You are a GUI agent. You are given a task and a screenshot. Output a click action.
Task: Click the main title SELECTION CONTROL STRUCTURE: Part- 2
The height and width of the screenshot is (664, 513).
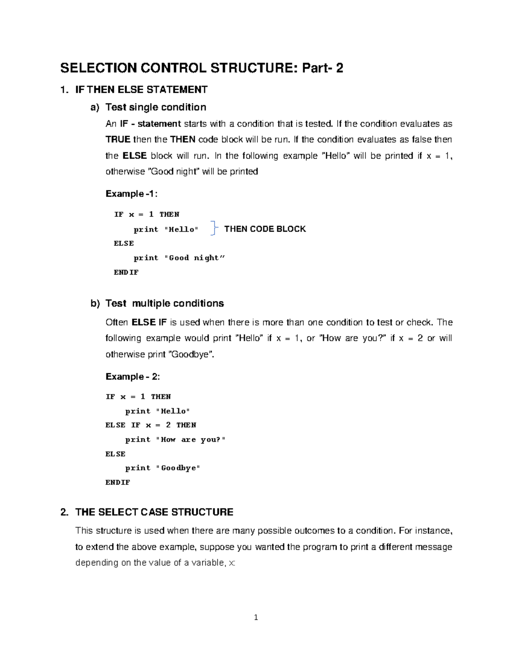pyautogui.click(x=201, y=68)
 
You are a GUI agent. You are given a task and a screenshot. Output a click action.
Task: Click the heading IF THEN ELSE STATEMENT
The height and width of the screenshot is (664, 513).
pyautogui.click(x=141, y=89)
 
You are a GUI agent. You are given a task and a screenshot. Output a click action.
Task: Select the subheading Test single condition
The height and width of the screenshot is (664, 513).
pyautogui.click(x=156, y=107)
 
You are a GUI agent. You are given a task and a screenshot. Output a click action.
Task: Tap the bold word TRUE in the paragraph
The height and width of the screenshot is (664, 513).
pyautogui.click(x=118, y=139)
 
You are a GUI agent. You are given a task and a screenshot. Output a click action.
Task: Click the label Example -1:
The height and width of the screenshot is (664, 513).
pyautogui.click(x=131, y=194)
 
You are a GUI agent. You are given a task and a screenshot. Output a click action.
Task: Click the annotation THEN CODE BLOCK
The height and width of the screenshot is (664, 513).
pyautogui.click(x=265, y=229)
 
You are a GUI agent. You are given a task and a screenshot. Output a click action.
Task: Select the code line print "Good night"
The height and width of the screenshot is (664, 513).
pyautogui.click(x=179, y=258)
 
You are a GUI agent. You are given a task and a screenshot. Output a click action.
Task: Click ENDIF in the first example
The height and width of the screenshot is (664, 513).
pyautogui.click(x=126, y=272)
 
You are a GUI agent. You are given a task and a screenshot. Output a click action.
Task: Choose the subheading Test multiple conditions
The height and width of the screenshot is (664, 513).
pyautogui.click(x=165, y=303)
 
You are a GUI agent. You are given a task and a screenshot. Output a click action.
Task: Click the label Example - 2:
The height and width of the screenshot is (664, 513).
pyautogui.click(x=133, y=376)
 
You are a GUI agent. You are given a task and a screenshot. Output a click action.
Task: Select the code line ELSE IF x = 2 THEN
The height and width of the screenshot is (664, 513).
pyautogui.click(x=150, y=425)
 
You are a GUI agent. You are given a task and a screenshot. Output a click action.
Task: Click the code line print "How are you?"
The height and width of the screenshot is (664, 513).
pyautogui.click(x=175, y=440)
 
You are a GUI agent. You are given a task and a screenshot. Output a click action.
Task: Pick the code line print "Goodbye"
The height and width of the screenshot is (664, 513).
pyautogui.click(x=162, y=468)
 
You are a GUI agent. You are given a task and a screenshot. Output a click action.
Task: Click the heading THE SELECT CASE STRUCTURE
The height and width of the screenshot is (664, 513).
pyautogui.click(x=154, y=512)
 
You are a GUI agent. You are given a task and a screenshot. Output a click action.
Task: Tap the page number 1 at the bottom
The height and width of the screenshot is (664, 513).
pyautogui.click(x=256, y=617)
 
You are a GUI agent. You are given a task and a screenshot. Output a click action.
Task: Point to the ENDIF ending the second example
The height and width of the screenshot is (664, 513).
pyautogui.click(x=118, y=482)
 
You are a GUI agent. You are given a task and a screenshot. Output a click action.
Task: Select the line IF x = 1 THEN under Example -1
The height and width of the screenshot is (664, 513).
pyautogui.click(x=146, y=214)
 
